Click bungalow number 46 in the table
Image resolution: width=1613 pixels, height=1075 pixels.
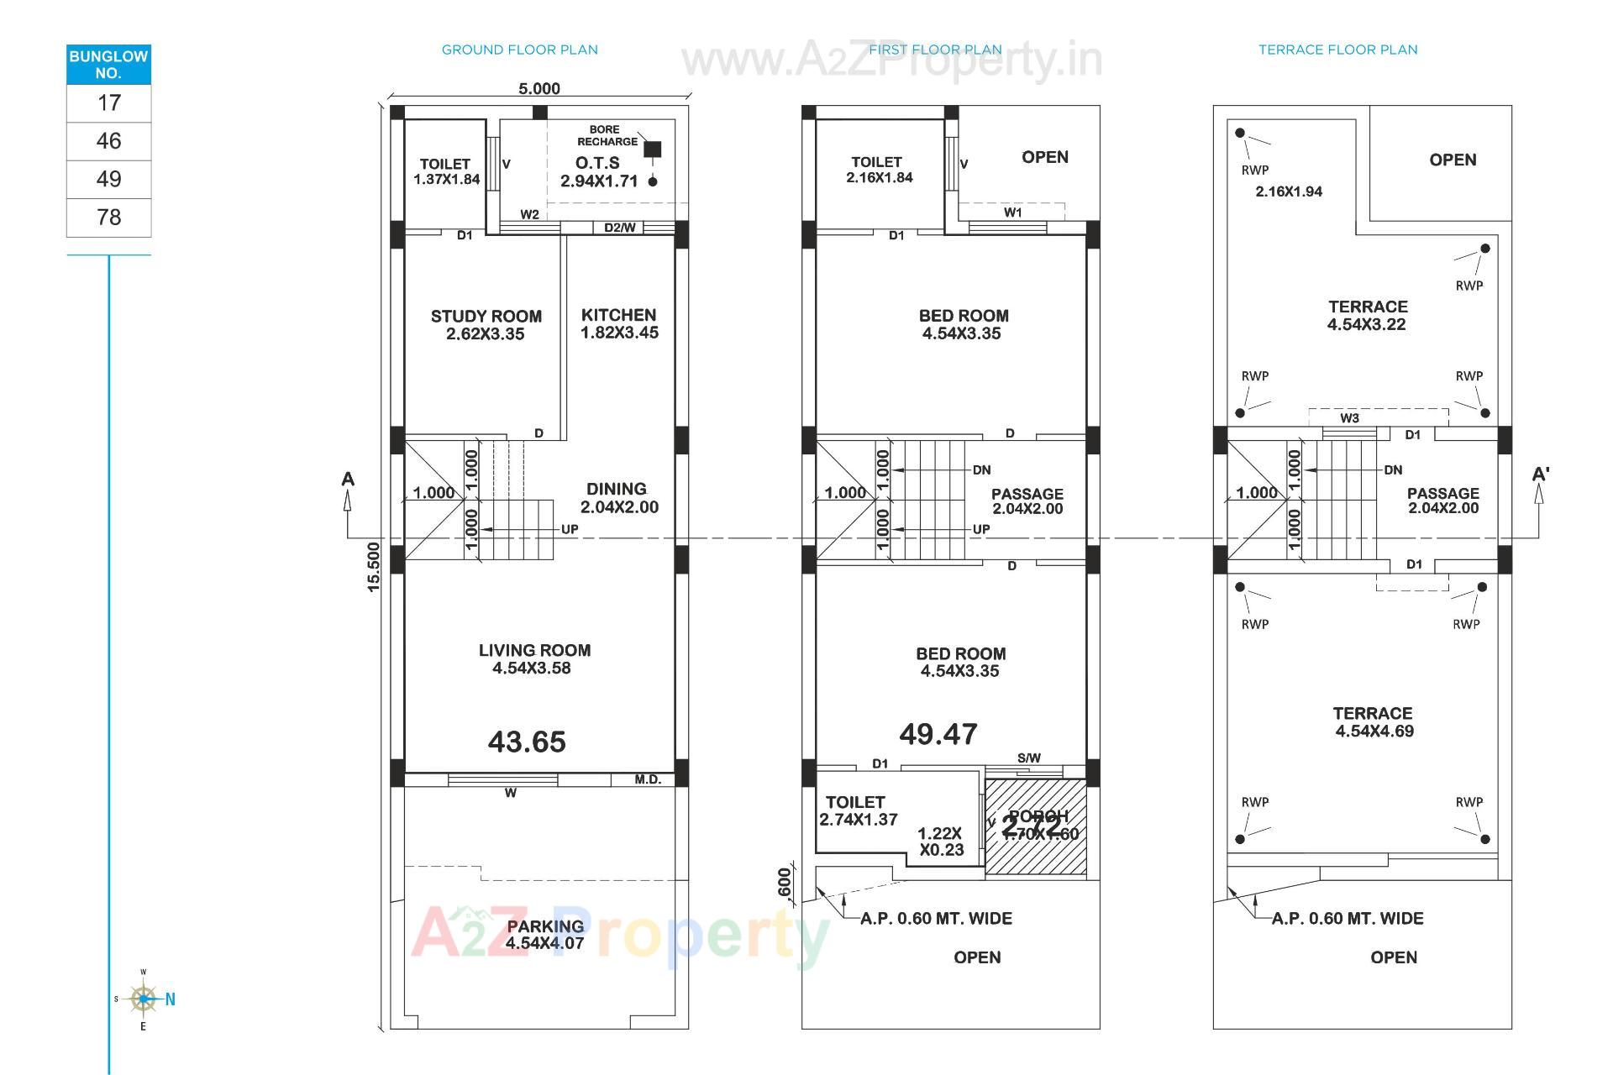108,141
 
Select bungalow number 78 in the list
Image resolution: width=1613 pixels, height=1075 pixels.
108,218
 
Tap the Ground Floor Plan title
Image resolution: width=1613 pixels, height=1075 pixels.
519,50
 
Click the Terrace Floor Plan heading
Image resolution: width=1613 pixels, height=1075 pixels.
1337,50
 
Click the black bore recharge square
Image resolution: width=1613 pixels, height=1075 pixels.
653,149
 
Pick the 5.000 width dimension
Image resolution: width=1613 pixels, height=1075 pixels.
539,89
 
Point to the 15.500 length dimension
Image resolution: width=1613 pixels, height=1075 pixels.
374,566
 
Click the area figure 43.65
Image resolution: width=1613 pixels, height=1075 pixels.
527,742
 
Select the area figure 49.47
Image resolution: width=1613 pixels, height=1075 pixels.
938,734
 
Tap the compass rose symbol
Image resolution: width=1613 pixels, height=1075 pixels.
144,999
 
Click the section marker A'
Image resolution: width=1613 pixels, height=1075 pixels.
1540,475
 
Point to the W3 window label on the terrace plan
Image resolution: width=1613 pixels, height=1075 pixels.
1349,418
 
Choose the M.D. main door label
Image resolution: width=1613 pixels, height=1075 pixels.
648,779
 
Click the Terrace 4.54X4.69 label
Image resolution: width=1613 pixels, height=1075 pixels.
1373,721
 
